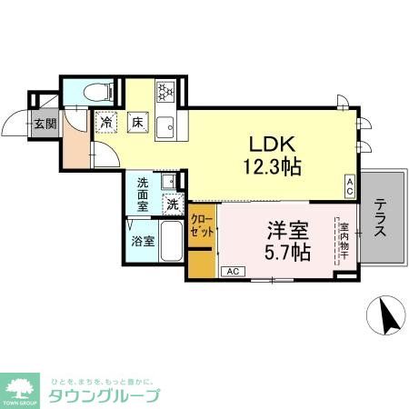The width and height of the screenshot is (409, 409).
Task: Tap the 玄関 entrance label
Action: point(45,124)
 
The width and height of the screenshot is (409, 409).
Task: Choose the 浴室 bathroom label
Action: point(144,241)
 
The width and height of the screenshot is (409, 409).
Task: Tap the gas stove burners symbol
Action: point(165,92)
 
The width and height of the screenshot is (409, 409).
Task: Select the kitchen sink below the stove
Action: point(165,126)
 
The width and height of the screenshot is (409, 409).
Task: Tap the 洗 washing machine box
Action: point(172,204)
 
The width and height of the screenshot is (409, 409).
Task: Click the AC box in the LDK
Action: point(349,185)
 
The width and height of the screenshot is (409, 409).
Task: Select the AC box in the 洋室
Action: point(232,270)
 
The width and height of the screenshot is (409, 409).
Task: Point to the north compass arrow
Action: point(388,317)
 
